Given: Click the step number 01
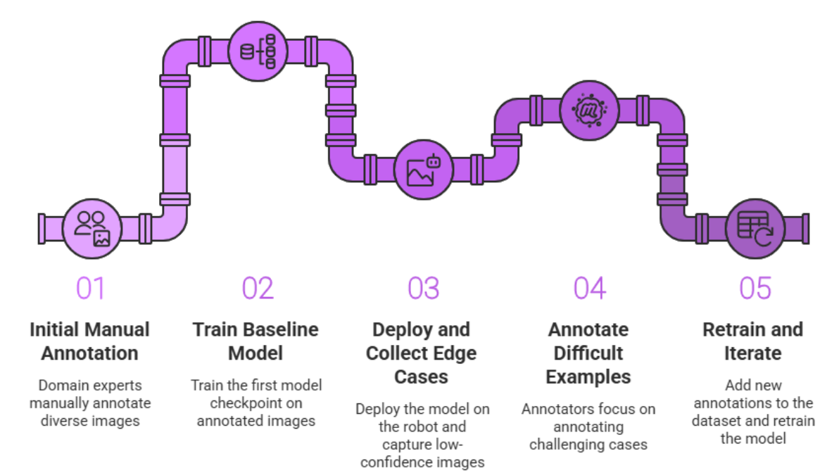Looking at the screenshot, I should pos(90,289).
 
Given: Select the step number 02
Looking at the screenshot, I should pos(258,289).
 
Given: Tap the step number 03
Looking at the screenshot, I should pos(424,289).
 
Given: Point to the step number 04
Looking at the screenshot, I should pos(590,289).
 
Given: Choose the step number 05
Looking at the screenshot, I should pos(755,289).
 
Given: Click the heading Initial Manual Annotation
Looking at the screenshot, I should pos(90,341).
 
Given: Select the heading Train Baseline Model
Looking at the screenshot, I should pos(256,341).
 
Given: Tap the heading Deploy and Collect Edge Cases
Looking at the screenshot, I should pos(422,353).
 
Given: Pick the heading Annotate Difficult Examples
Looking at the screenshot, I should pos(588,353).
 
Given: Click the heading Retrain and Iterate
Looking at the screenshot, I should pos(752,341).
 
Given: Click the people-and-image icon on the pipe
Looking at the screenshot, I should pos(92,228).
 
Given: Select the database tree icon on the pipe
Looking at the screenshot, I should pos(258,51).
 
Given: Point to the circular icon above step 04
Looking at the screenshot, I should pos(589,109).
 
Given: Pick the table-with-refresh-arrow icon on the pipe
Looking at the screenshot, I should pos(755,228).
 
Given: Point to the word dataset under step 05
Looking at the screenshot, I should pos(715,421).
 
